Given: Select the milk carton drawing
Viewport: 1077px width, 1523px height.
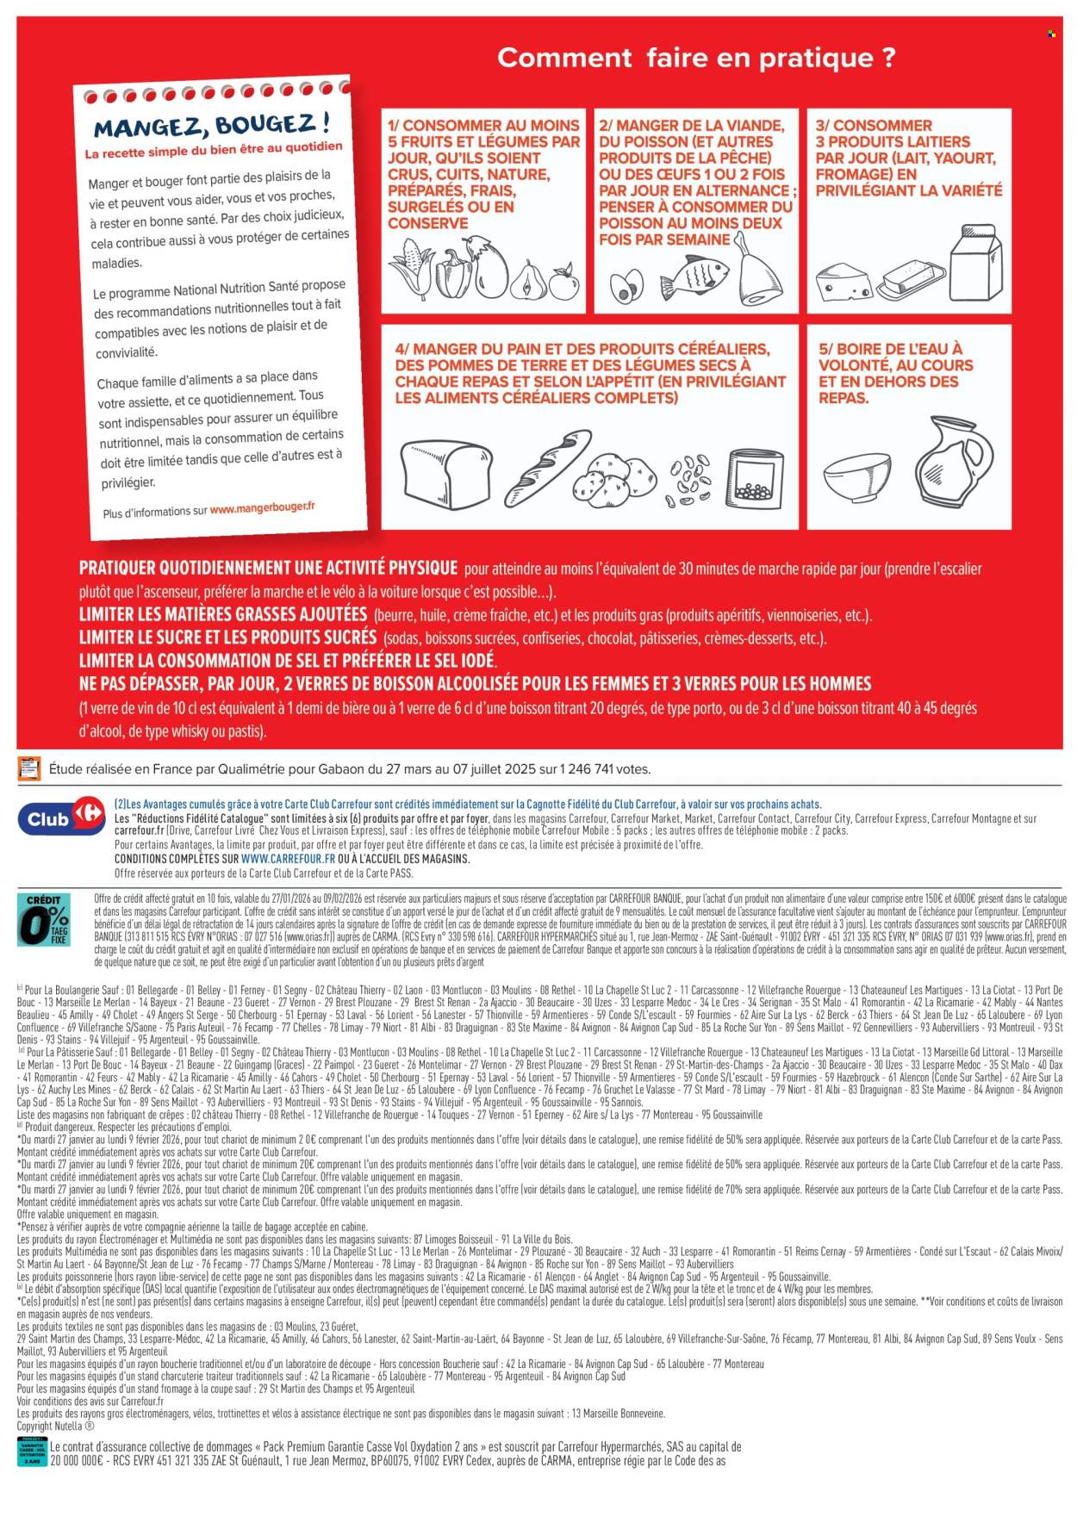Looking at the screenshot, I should point(976,263).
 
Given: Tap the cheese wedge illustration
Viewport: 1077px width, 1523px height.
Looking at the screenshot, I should point(842,281).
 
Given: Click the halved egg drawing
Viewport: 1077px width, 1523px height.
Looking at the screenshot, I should point(626,287).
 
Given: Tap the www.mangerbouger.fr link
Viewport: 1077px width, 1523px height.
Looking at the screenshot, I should point(262,507).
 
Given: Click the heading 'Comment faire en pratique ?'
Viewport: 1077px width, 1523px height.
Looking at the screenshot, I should point(696,58).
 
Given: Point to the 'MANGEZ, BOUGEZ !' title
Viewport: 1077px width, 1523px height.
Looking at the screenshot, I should point(210,126).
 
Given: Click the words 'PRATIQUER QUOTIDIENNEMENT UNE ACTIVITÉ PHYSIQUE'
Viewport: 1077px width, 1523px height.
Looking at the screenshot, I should point(268,569).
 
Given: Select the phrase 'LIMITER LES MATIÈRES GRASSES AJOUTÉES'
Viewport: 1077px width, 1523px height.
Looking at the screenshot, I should point(223,615).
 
